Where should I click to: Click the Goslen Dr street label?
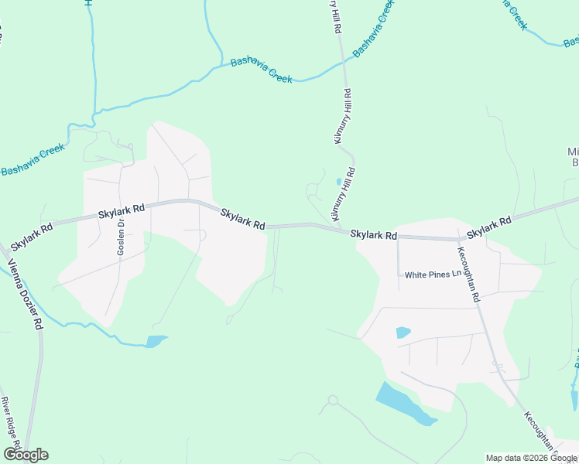click(x=121, y=239)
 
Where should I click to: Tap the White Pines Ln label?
click(x=433, y=275)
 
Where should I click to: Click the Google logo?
click(x=26, y=455)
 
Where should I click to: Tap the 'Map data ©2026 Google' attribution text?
click(x=532, y=458)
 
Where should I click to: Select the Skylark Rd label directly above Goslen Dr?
click(x=122, y=210)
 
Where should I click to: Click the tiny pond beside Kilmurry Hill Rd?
click(x=338, y=183)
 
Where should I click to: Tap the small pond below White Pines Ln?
click(x=403, y=333)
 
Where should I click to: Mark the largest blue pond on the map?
click(x=404, y=404)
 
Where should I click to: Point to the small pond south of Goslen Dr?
click(x=156, y=341)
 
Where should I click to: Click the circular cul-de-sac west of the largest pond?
click(x=334, y=401)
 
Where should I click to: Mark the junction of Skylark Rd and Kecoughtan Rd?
click(x=460, y=239)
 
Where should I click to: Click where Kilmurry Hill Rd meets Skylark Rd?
click(x=341, y=229)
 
